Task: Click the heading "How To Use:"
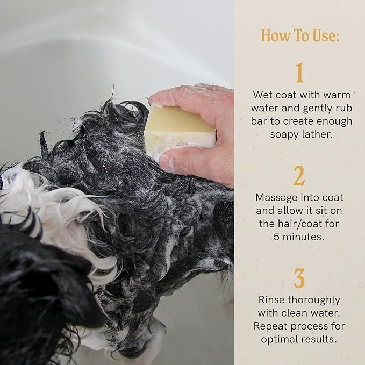coord(300,35)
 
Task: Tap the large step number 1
coord(299,73)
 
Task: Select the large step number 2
coord(299,175)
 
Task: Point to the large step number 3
coord(299,278)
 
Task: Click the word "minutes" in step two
coord(305,237)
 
